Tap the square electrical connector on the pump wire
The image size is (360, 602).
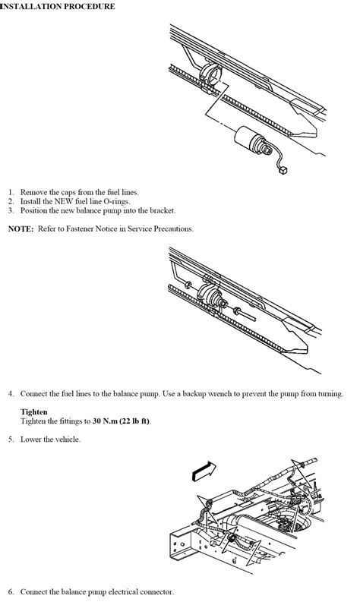click(x=283, y=170)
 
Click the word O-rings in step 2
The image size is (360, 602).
click(x=117, y=201)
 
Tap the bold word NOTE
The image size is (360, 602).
click(x=21, y=229)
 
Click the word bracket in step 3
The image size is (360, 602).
click(x=162, y=210)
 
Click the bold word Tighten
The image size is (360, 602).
click(x=34, y=412)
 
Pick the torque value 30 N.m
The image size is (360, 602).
click(x=105, y=421)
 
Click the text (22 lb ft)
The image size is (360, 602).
click(x=134, y=421)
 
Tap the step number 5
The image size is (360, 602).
click(x=11, y=440)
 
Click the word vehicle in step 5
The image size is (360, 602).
click(x=67, y=440)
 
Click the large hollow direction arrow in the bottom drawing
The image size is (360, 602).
click(x=204, y=471)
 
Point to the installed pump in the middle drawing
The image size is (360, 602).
click(x=210, y=295)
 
